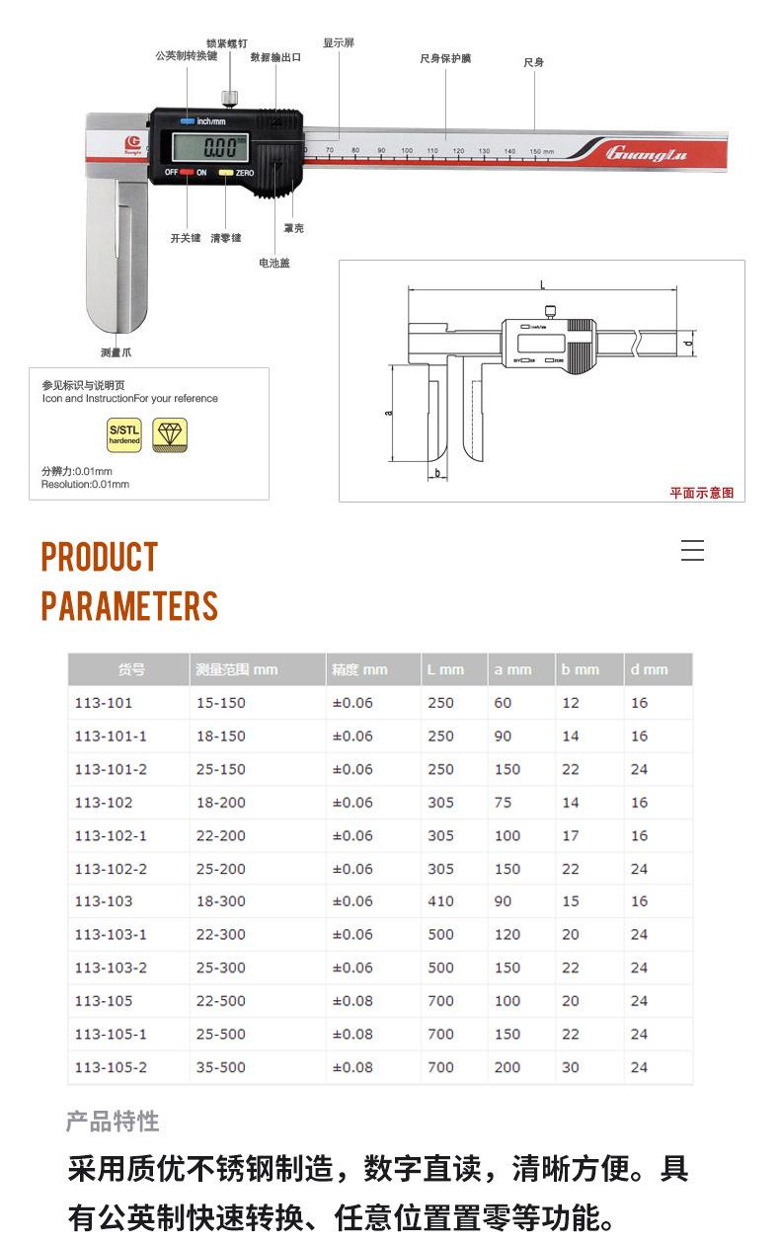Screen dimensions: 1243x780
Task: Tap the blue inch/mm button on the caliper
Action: [x=187, y=121]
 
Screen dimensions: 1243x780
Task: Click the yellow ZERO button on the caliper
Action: [x=226, y=173]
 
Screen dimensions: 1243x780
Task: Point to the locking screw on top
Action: [x=230, y=97]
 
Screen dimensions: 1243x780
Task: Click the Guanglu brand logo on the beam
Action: [x=646, y=153]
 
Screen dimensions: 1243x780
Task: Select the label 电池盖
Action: [x=274, y=263]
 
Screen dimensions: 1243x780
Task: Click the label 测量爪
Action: [x=116, y=351]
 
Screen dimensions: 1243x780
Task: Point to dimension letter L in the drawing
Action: [x=542, y=284]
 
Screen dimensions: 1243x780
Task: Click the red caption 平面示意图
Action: [x=702, y=493]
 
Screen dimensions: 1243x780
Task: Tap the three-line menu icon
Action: [x=692, y=551]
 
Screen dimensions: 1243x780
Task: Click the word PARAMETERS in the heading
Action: [x=129, y=605]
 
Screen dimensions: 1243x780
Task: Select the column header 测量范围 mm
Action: [x=237, y=669]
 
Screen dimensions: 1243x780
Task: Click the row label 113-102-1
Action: [x=111, y=835]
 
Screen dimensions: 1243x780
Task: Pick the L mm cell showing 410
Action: [x=440, y=901]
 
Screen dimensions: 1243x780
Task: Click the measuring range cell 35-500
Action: [x=221, y=1067]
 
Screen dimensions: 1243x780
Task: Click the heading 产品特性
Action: [x=113, y=1122]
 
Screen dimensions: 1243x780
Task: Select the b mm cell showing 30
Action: [x=571, y=1067]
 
